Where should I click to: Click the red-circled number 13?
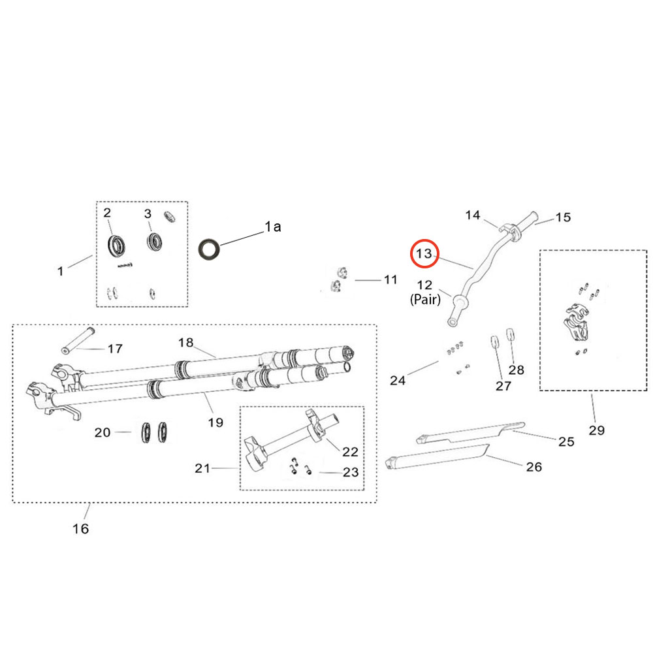(424, 253)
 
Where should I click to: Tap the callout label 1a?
(273, 227)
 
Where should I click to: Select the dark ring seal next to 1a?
(209, 249)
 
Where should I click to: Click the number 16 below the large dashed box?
(80, 529)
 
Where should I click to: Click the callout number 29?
(596, 430)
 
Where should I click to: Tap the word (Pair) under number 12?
(425, 299)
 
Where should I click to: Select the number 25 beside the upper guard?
(566, 441)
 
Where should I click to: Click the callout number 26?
(534, 467)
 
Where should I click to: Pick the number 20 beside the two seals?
(103, 433)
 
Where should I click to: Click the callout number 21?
(202, 468)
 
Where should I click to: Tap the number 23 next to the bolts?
(351, 472)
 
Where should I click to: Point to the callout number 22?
(350, 452)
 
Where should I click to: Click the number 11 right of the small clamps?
(390, 279)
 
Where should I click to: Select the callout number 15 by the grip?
(563, 217)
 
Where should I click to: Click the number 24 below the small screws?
(397, 380)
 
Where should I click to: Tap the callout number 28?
(516, 370)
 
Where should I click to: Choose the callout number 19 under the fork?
(215, 422)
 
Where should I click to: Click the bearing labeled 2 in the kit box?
(117, 246)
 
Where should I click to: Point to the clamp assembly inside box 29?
(577, 324)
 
